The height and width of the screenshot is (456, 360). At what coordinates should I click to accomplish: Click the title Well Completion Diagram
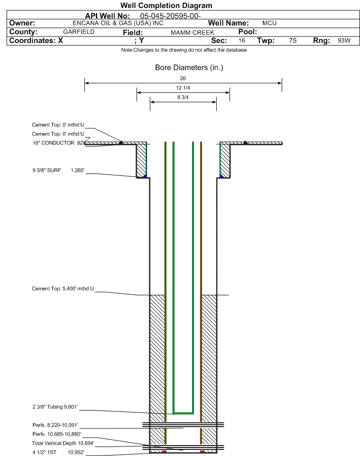click(166, 6)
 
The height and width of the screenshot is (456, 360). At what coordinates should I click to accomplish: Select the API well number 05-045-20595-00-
click(171, 16)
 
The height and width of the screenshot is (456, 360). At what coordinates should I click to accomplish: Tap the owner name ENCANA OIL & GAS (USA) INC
click(118, 23)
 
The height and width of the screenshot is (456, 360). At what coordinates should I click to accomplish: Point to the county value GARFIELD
click(79, 32)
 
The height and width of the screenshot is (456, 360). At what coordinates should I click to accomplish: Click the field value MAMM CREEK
click(193, 33)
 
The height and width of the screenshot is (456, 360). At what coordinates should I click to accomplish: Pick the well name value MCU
click(269, 23)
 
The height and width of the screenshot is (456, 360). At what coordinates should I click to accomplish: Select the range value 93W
click(344, 40)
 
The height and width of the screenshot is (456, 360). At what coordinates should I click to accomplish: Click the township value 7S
click(293, 40)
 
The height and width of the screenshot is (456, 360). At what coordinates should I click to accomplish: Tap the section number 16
click(242, 40)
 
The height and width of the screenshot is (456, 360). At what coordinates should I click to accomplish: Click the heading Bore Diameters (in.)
click(189, 67)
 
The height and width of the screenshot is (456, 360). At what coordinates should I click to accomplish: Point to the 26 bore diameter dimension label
click(183, 78)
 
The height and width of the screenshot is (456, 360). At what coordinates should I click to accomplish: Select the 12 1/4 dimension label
click(183, 88)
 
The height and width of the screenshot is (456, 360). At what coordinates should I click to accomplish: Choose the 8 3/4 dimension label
click(183, 98)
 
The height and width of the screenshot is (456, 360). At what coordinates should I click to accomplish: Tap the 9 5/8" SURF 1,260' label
click(58, 170)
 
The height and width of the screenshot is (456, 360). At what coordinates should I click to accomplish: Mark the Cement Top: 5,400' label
click(63, 289)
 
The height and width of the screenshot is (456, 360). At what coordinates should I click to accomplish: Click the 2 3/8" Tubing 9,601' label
click(55, 407)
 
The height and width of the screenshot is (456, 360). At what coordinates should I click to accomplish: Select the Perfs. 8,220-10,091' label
click(55, 425)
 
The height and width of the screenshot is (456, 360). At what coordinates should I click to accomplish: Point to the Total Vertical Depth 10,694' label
click(63, 443)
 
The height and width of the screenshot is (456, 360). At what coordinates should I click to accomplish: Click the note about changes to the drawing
click(184, 50)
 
